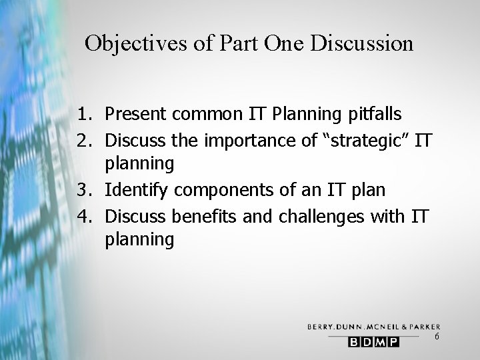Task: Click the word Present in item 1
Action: (136, 114)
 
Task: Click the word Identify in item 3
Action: (135, 190)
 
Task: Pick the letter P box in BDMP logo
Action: (393, 342)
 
